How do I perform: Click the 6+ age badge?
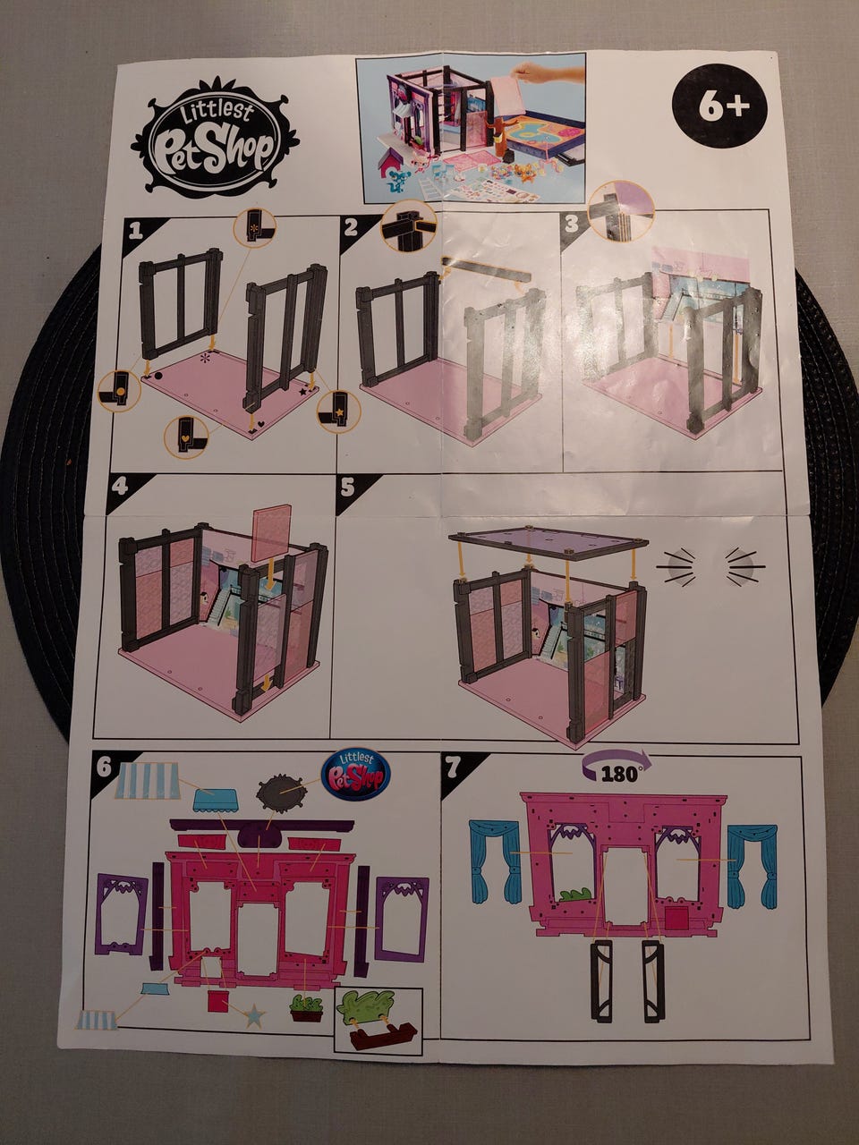(x=719, y=106)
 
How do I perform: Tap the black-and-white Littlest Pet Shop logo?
(x=215, y=137)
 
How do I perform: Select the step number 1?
(x=136, y=232)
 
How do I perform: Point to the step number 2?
(x=353, y=226)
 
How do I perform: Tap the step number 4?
(x=119, y=486)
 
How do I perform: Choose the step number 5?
(x=347, y=488)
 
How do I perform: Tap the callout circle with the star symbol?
(x=339, y=411)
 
